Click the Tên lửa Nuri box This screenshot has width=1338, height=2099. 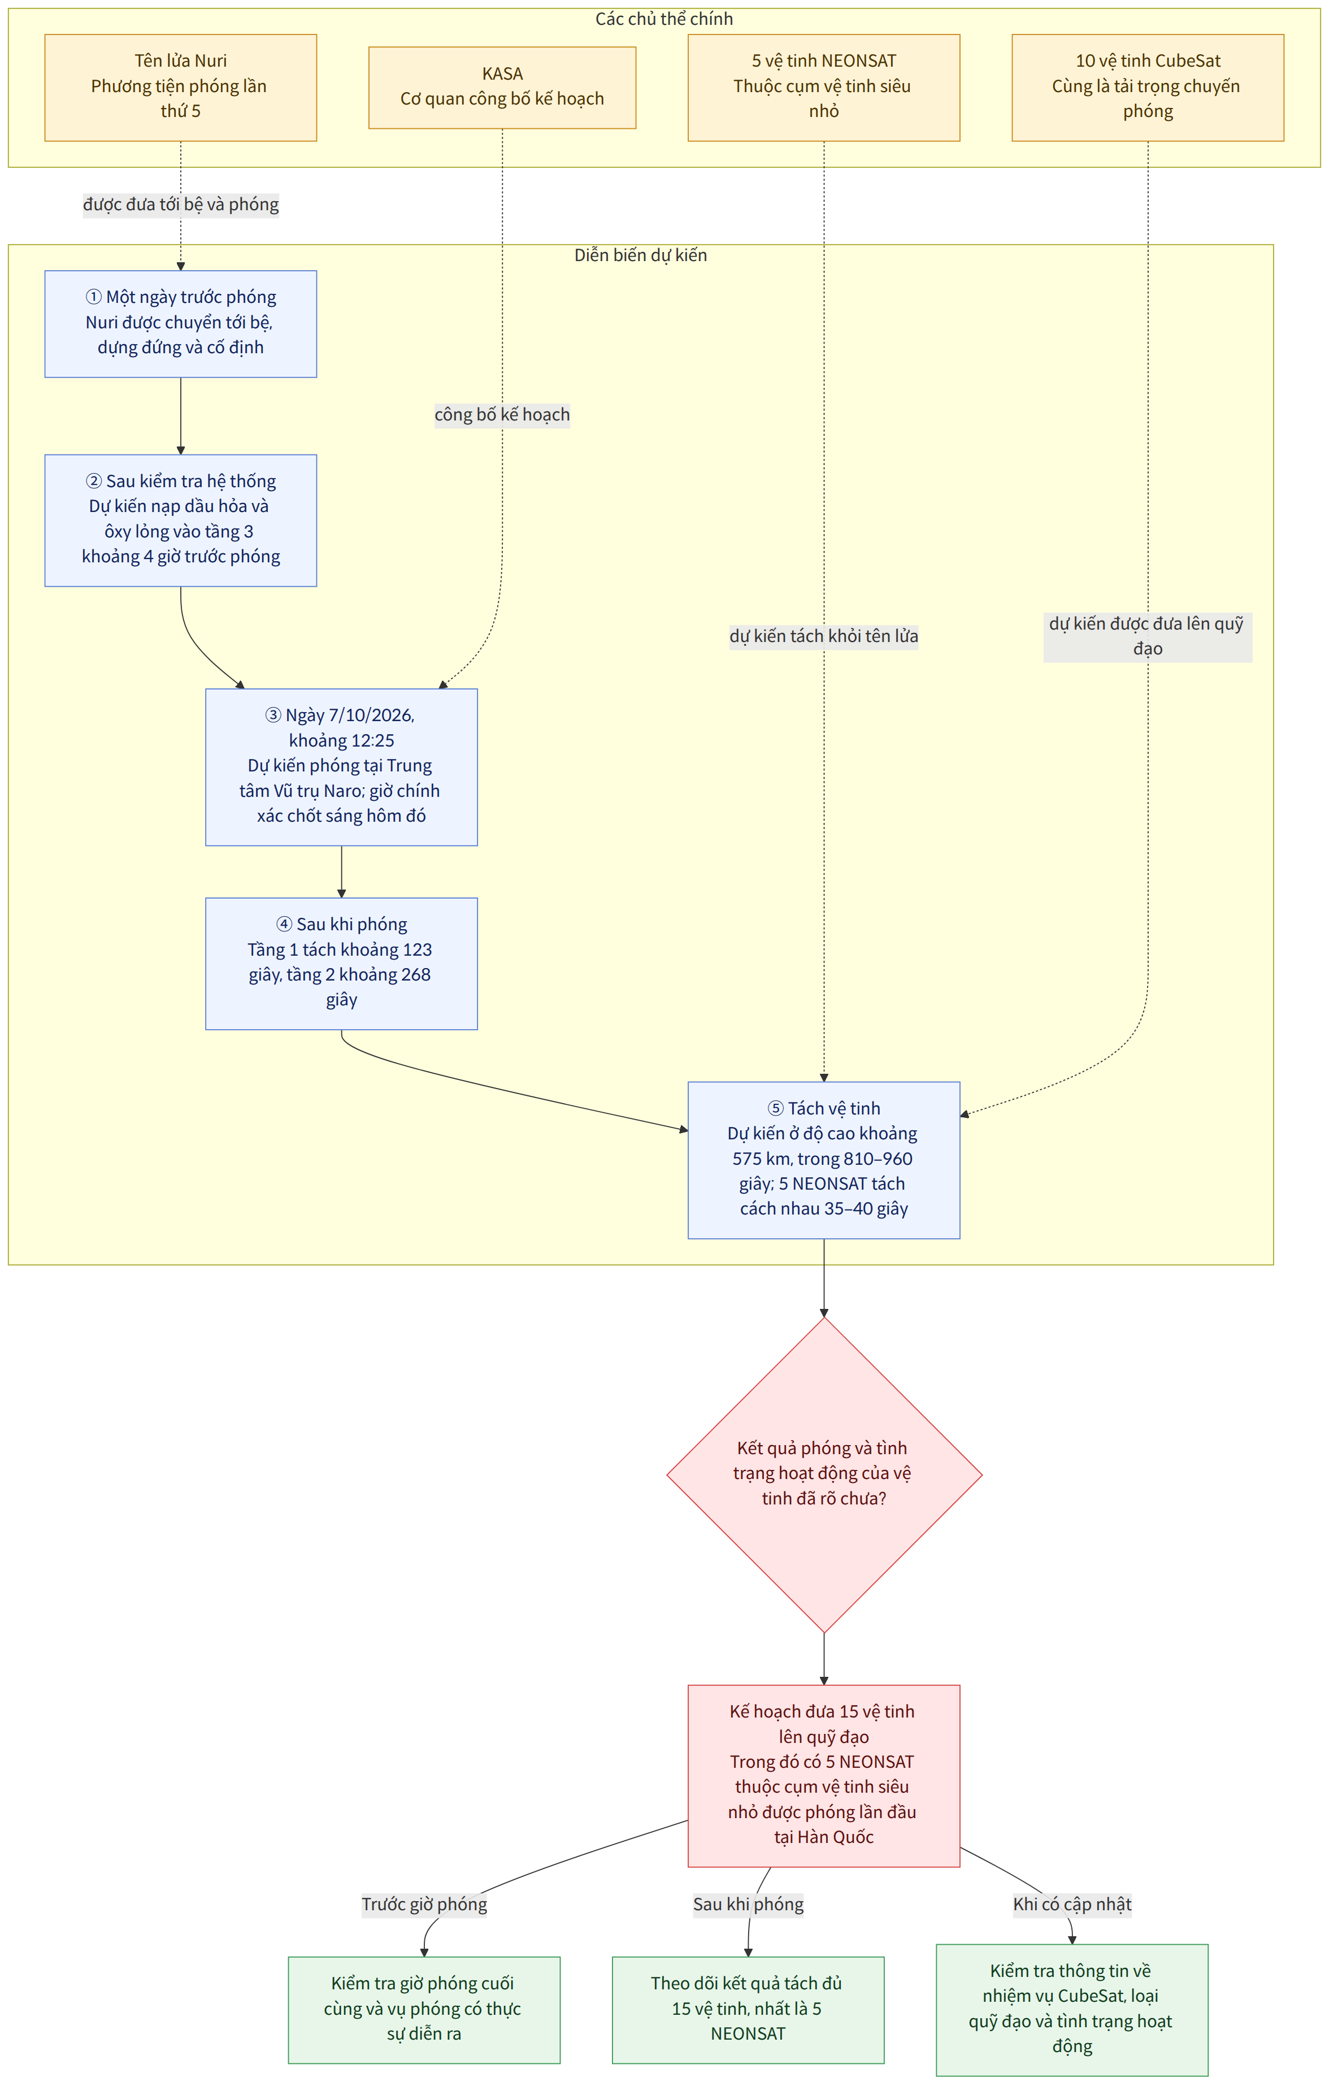coord(180,87)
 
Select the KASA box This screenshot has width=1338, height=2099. coord(502,87)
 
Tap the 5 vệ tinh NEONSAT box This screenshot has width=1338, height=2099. coord(824,87)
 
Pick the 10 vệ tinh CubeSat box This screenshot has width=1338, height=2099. coord(1148,87)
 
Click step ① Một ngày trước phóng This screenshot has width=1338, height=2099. coord(180,323)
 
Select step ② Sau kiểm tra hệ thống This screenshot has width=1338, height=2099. coord(180,521)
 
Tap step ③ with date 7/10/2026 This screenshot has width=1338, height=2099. coord(342,767)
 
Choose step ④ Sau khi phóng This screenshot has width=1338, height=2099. coord(342,963)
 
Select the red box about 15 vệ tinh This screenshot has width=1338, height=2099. coord(824,1776)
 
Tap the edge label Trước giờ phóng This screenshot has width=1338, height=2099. coord(424,1904)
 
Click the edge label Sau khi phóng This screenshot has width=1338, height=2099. coord(749,1904)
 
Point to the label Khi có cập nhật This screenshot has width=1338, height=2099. coord(1072,1904)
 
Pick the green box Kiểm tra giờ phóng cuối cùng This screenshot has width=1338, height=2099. coord(424,2009)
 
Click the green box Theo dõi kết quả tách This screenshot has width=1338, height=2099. coord(748,2009)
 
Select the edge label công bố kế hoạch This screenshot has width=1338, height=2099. coord(502,414)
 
